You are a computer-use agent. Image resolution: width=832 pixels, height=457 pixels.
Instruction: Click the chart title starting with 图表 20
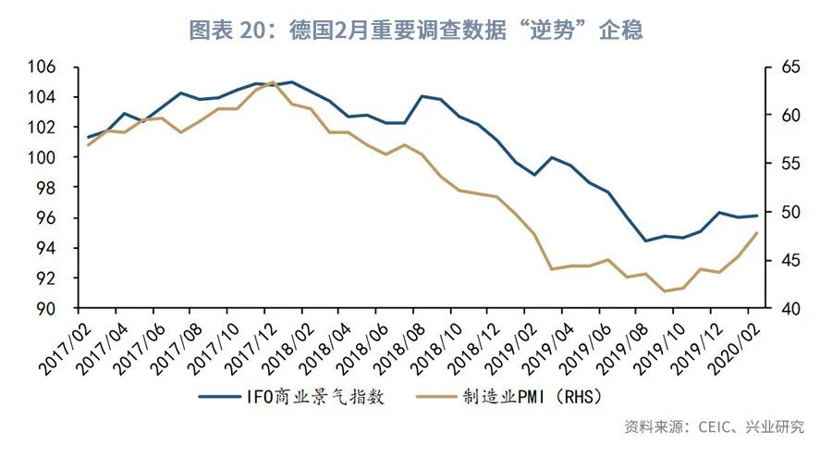click(416, 30)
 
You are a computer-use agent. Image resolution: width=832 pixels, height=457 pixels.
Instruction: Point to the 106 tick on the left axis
click(41, 67)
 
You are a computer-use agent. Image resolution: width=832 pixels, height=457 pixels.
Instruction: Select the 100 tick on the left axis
click(41, 157)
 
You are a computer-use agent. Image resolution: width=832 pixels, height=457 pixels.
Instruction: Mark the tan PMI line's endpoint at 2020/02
click(757, 233)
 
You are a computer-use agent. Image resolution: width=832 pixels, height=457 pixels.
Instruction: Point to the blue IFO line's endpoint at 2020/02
click(757, 216)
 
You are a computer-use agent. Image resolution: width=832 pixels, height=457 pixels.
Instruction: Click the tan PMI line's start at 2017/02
click(89, 145)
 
